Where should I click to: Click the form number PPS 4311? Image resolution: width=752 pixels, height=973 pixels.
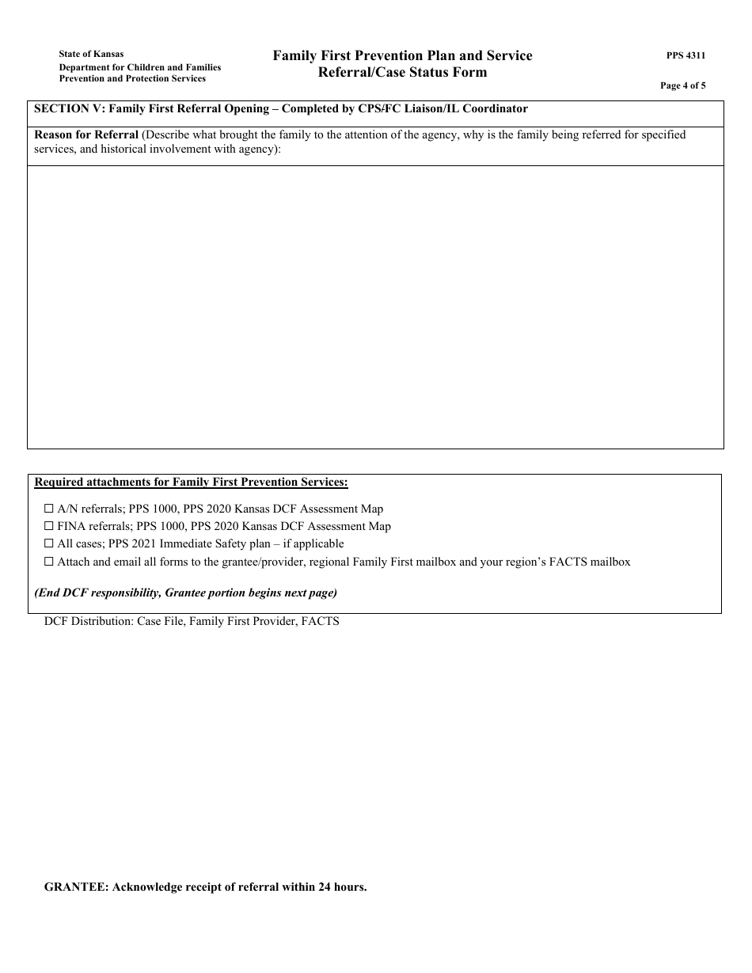(x=686, y=56)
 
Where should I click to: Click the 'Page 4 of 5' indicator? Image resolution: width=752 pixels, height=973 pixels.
(x=682, y=86)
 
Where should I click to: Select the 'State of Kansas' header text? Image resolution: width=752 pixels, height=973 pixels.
(x=91, y=55)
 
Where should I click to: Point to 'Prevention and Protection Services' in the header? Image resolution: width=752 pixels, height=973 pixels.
(x=132, y=79)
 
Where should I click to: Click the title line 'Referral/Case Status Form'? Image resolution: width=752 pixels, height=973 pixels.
(x=402, y=73)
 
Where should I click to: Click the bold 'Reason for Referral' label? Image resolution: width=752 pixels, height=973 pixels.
(x=86, y=134)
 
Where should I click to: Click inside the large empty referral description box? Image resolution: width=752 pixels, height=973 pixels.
(x=375, y=307)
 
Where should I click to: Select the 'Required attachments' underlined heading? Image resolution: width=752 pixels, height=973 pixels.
(x=191, y=482)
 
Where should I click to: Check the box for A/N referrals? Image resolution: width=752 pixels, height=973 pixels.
(x=49, y=509)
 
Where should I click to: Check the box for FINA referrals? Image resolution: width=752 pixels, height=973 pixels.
(x=49, y=526)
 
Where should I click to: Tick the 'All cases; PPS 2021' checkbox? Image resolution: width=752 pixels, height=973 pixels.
(x=49, y=544)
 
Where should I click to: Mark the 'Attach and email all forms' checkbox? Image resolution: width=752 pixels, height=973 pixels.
(x=49, y=562)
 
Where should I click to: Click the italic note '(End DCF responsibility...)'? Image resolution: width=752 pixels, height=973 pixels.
(x=185, y=593)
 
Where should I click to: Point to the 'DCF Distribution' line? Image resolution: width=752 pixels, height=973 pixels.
(x=192, y=622)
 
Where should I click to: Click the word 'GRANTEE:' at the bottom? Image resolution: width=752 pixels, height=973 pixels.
(x=76, y=888)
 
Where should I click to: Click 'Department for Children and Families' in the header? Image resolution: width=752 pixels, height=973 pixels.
(x=140, y=67)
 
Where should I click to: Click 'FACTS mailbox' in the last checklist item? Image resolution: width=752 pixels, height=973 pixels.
(x=595, y=562)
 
